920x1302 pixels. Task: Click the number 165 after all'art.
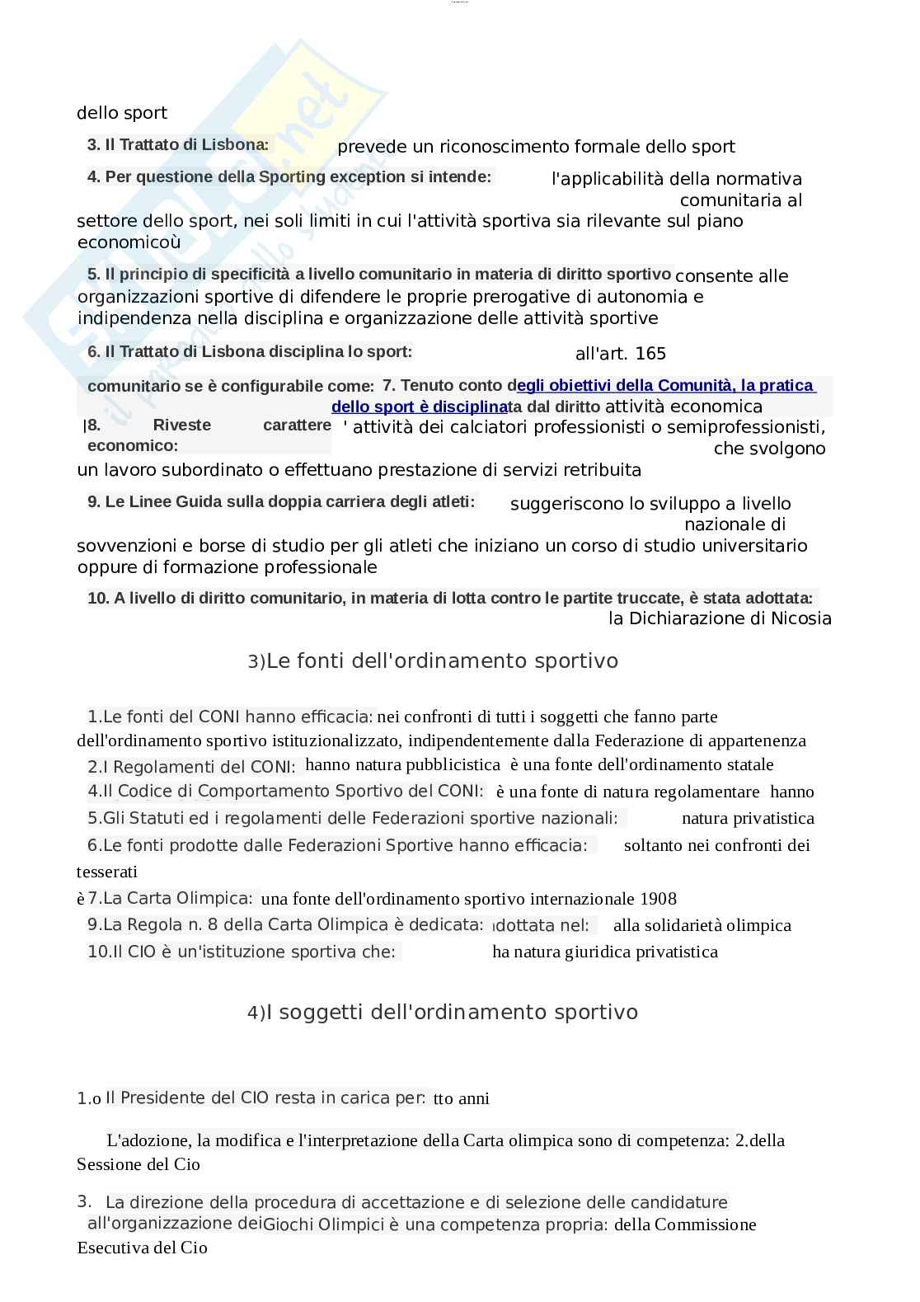[650, 354]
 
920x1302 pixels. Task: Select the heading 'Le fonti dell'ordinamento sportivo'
[442, 660]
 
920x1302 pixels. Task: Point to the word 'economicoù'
[129, 242]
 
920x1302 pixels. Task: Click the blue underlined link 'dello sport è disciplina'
[419, 407]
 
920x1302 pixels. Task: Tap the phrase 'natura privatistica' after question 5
[748, 818]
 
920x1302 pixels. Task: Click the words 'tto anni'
[461, 1098]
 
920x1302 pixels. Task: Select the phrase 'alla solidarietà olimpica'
[702, 925]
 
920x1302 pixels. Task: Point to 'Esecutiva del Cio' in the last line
[142, 1248]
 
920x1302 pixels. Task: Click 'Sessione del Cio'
[138, 1164]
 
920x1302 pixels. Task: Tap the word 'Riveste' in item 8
[181, 425]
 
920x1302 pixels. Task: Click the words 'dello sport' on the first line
[122, 113]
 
